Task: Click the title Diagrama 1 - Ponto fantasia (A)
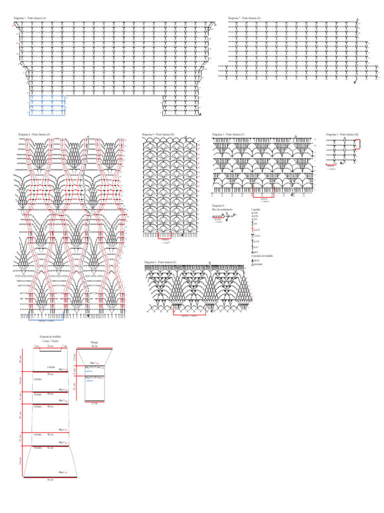tap(30, 18)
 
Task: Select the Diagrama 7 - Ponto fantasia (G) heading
tap(245, 18)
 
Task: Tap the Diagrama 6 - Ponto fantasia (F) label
tap(34, 135)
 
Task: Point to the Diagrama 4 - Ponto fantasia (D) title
tap(158, 135)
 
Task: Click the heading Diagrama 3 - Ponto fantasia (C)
tap(228, 135)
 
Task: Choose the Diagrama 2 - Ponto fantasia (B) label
tap(342, 135)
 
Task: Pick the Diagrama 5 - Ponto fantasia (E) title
tap(160, 263)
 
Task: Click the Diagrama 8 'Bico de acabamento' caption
tap(222, 207)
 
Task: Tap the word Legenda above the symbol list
tap(256, 209)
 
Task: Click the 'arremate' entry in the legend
tap(258, 264)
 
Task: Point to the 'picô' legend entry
tap(256, 252)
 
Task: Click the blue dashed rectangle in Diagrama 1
tap(47, 105)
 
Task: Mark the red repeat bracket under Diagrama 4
tap(164, 234)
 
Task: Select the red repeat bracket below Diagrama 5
tap(188, 311)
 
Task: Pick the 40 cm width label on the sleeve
tap(94, 346)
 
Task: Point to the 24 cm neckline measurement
tap(50, 346)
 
